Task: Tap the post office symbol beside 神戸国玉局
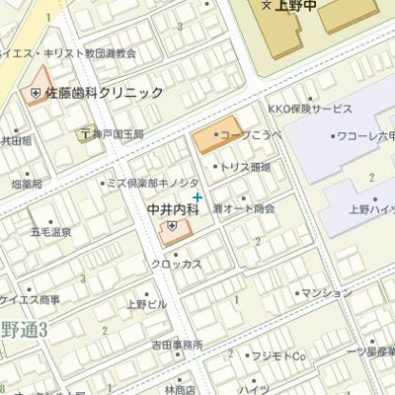coord(86,133)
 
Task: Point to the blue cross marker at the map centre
coord(197,197)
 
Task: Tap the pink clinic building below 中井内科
coord(174,231)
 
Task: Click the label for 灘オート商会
coord(244,209)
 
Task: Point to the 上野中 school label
coord(292,6)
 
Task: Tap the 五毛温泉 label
coord(50,232)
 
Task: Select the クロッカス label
coord(177,264)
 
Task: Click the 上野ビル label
coord(146,304)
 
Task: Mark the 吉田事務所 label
coord(177,345)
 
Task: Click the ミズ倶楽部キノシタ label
coord(154,183)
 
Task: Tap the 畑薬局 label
coord(27,184)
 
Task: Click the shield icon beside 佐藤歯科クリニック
coord(35,93)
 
